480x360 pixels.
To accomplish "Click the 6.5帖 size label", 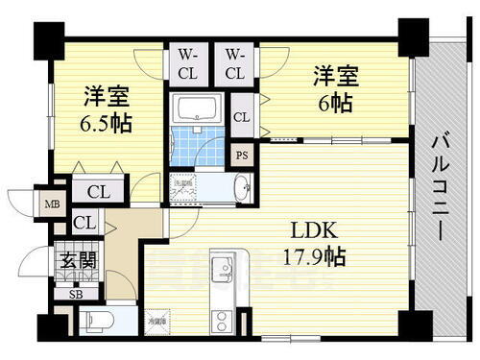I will coord(107,123).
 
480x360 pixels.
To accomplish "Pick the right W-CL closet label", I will coord(236,63).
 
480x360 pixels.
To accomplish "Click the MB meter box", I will coord(49,202).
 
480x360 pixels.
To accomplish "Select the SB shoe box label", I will coord(76,295).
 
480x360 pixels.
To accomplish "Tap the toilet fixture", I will coord(96,321).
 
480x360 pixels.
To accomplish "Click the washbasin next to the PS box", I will coord(241,188).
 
